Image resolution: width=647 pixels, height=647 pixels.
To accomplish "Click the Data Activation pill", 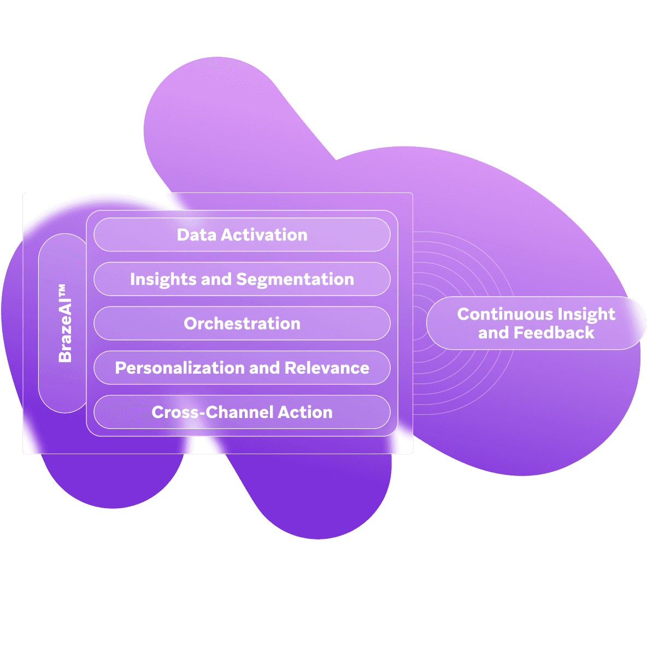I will (x=242, y=235).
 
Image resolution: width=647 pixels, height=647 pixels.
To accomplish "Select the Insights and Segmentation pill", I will (x=242, y=279).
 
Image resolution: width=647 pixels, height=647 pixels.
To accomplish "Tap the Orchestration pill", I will (x=242, y=323).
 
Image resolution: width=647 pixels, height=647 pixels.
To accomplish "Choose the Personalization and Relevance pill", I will (x=242, y=368).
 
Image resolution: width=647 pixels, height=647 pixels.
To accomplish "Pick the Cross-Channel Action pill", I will (x=242, y=412).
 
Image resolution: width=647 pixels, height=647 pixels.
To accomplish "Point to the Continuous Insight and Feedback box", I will (x=536, y=323).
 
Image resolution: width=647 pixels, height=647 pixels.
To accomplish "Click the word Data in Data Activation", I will (x=192, y=235).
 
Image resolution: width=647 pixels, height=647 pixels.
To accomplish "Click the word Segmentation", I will (x=295, y=279).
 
